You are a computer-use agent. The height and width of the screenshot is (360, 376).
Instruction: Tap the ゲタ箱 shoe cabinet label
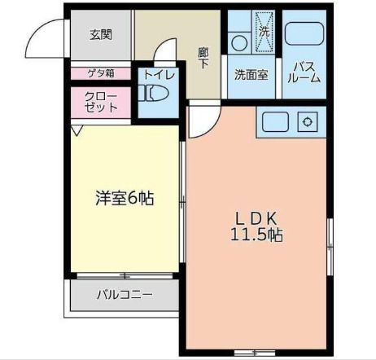pos(101,72)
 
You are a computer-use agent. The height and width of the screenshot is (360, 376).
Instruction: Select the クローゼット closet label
pos(101,101)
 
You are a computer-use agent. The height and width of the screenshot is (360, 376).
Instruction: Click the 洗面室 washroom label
pos(251,74)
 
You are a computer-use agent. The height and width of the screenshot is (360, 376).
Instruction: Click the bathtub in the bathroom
pos(305,33)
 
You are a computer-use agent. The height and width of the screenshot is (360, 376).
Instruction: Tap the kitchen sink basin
pos(275,122)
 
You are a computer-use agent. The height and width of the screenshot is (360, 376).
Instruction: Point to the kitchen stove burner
pos(308,122)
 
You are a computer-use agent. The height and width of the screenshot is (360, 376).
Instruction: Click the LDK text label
pos(257,218)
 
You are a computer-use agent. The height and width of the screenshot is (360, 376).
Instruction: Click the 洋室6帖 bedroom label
pos(124,197)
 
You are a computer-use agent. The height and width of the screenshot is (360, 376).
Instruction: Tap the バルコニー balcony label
pos(125,294)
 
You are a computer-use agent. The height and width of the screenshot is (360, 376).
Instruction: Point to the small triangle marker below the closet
pos(77,130)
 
